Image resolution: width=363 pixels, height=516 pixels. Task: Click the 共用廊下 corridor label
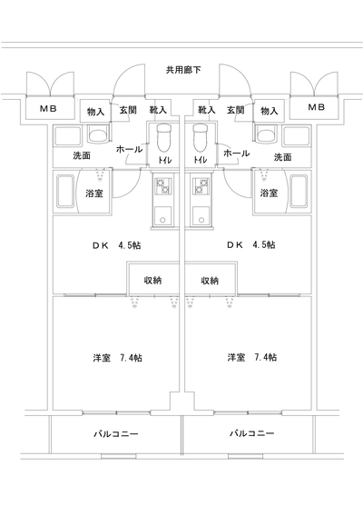(x=183, y=70)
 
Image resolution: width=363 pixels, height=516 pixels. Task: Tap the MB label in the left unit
(x=49, y=108)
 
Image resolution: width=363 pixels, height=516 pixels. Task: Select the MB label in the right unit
(x=317, y=107)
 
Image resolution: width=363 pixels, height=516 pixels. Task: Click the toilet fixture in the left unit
(x=163, y=138)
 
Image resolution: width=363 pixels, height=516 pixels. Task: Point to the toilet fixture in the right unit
(x=201, y=138)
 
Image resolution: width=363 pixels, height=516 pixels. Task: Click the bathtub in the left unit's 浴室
(x=65, y=191)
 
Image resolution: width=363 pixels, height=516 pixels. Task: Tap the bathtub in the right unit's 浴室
(x=299, y=191)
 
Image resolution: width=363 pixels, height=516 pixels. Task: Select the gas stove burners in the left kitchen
(x=162, y=186)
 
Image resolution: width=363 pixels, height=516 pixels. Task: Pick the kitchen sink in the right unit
(x=201, y=215)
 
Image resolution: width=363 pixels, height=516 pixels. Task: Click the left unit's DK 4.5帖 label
(x=117, y=245)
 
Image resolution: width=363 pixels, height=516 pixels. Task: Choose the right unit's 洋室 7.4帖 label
(x=252, y=357)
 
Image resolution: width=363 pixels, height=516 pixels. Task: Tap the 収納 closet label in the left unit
(x=152, y=281)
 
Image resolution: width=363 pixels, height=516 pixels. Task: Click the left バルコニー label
(x=116, y=433)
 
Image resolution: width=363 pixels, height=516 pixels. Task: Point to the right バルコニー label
(x=252, y=433)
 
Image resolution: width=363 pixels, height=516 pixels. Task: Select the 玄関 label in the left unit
(x=128, y=110)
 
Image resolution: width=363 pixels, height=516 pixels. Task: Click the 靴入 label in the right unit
(x=207, y=110)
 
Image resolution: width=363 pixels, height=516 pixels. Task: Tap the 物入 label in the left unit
(x=95, y=112)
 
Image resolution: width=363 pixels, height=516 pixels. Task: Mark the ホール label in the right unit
(x=237, y=153)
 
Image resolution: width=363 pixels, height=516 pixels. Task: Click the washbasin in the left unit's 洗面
(x=97, y=135)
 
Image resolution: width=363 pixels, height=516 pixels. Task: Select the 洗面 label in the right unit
(x=283, y=157)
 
